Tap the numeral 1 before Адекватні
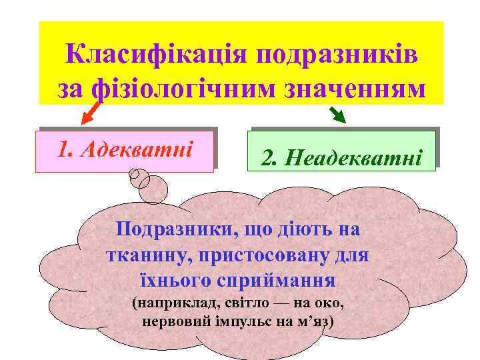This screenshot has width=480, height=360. tap(63, 150)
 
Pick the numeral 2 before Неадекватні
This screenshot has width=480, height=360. tap(267, 159)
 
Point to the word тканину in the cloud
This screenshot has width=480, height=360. tap(138, 255)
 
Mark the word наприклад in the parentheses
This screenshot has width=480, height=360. tap(167, 303)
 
